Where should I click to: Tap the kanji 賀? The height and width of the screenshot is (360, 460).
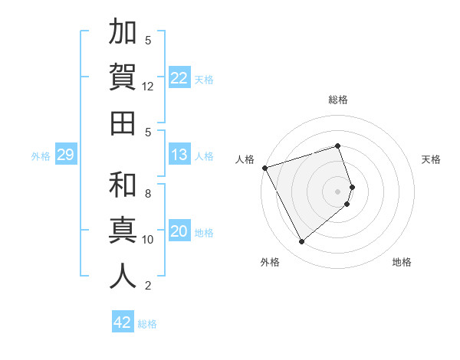(x=123, y=77)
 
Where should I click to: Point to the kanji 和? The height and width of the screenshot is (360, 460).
(x=123, y=185)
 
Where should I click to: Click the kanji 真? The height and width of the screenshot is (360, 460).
(x=123, y=231)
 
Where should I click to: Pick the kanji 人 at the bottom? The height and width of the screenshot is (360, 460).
(x=123, y=276)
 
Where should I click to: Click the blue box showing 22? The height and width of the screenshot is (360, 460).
(x=179, y=77)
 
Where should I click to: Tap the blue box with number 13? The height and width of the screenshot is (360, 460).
(x=179, y=155)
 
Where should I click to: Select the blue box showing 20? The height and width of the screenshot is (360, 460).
(x=179, y=231)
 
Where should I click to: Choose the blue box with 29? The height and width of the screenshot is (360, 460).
(x=65, y=155)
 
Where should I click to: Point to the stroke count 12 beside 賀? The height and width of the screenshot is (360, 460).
(x=148, y=87)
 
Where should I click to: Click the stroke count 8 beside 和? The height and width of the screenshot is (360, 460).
(x=148, y=193)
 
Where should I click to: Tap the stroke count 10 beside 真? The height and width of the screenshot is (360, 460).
(x=148, y=240)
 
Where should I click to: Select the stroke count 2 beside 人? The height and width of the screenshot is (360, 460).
(x=148, y=286)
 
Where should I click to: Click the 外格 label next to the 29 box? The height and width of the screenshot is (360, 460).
(x=41, y=155)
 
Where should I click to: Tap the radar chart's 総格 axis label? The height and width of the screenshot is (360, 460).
(x=338, y=100)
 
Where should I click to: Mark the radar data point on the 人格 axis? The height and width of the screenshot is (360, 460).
(x=264, y=168)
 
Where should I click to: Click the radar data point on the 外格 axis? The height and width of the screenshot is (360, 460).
(x=301, y=241)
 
